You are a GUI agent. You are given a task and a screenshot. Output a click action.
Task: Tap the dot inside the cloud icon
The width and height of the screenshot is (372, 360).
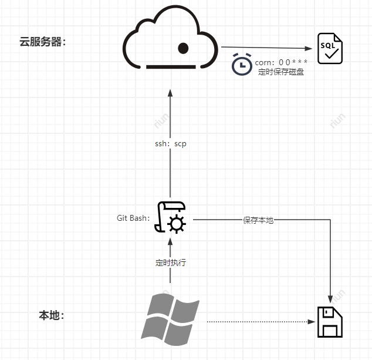tap(183, 48)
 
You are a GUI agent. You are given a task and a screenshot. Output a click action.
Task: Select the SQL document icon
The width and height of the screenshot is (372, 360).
tap(330, 48)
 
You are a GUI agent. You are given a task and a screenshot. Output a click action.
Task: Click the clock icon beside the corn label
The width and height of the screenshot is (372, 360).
tap(241, 64)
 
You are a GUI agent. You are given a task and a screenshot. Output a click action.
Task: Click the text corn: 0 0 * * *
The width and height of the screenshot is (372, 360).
tap(281, 62)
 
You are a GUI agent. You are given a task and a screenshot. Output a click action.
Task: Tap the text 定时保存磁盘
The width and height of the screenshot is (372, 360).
tap(281, 72)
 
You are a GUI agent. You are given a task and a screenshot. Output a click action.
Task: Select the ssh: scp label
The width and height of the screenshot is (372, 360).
tap(170, 144)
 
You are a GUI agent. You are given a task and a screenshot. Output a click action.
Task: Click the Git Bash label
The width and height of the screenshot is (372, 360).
tap(133, 218)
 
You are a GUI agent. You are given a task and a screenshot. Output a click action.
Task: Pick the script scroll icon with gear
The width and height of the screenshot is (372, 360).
tap(173, 218)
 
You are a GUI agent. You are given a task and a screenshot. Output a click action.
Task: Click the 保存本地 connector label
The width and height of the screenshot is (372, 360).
tap(258, 220)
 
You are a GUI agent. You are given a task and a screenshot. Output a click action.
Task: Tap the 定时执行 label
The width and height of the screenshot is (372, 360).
tap(170, 263)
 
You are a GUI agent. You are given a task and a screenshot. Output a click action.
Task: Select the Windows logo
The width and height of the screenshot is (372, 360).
tap(170, 319)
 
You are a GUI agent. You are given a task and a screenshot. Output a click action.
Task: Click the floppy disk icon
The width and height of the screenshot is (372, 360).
tap(330, 322)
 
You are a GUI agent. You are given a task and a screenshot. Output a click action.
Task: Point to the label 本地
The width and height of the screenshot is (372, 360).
tap(51, 315)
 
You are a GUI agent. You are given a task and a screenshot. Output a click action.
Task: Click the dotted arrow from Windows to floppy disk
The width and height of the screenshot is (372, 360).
tap(258, 322)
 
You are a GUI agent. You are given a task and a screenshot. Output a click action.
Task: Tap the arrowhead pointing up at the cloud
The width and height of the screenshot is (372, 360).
tap(170, 93)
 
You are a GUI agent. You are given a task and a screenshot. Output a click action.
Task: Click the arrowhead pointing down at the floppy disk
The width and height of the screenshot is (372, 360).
tap(330, 298)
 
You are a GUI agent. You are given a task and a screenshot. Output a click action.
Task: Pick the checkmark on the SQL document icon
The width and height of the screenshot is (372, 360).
tap(332, 55)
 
